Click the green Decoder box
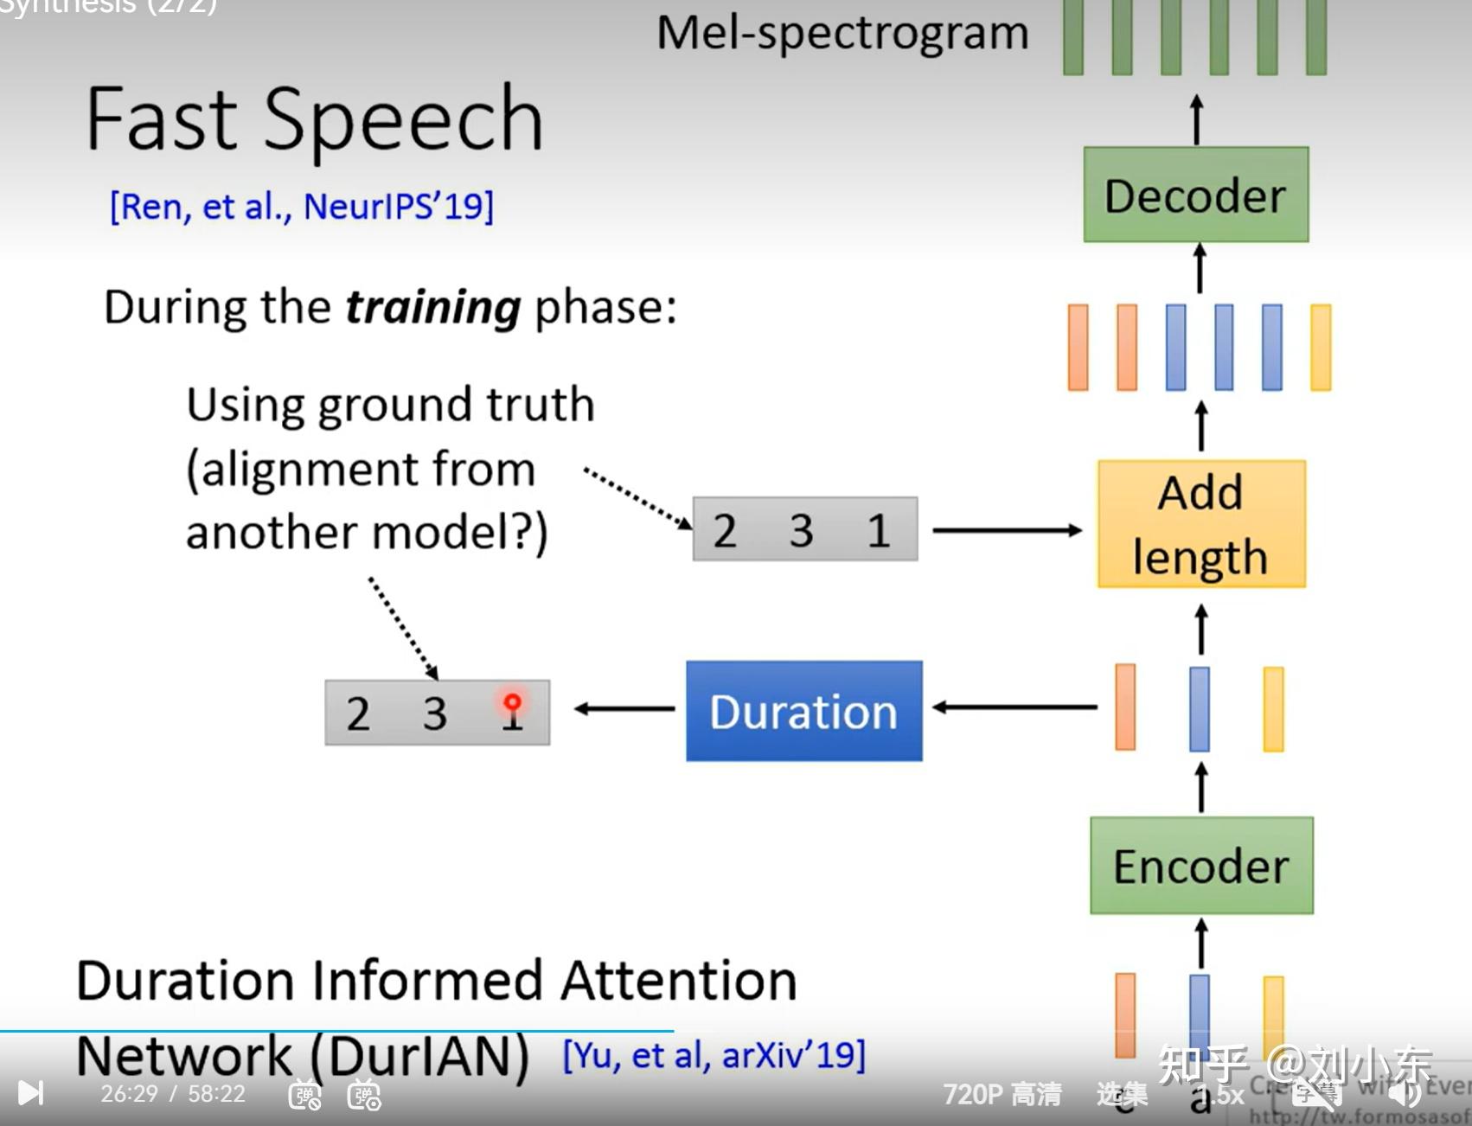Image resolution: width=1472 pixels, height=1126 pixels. (x=1195, y=195)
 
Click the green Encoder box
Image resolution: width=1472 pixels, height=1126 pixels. (x=1201, y=866)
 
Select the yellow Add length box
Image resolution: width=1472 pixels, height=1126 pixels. (x=1200, y=524)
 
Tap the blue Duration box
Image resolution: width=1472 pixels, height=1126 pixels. (x=803, y=711)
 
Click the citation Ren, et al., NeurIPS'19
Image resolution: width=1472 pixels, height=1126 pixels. (x=301, y=207)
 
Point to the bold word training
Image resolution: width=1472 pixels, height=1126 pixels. (x=432, y=308)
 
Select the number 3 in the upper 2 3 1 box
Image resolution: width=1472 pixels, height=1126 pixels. (x=801, y=530)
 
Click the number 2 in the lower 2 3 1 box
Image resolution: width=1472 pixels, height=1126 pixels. (x=358, y=713)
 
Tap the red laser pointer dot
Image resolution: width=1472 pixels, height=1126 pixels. (x=512, y=701)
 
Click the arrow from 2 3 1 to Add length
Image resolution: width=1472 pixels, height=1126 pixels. (x=1007, y=530)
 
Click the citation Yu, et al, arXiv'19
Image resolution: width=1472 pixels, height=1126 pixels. (x=714, y=1056)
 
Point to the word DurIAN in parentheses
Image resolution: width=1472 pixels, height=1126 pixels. (x=419, y=1056)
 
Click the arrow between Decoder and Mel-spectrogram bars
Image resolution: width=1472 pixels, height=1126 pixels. (x=1196, y=119)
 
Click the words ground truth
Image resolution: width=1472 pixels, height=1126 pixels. (x=456, y=405)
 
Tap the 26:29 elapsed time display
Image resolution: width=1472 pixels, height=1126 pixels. (x=130, y=1094)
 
